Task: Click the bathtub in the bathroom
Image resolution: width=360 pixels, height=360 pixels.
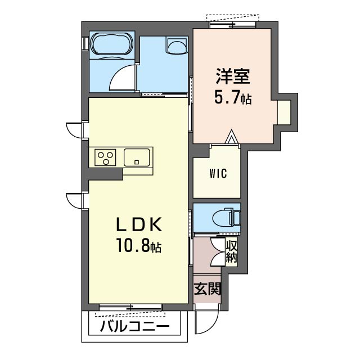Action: [x=112, y=44]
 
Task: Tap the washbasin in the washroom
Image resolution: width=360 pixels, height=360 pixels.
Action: [x=177, y=46]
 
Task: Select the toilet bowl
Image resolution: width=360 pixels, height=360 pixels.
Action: [x=222, y=217]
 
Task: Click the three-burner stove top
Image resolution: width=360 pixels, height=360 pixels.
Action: [x=105, y=157]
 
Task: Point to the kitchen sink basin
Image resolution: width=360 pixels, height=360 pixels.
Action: [x=137, y=157]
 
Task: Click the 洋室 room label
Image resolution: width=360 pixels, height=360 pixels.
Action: [x=232, y=76]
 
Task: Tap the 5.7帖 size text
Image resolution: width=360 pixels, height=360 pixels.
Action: [x=233, y=97]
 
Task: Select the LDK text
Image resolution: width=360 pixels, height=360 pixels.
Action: [x=139, y=224]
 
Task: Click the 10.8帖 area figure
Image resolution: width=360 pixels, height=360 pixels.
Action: [x=139, y=245]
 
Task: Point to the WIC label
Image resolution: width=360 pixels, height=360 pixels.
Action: [x=218, y=173]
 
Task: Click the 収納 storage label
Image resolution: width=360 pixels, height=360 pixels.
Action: [x=231, y=252]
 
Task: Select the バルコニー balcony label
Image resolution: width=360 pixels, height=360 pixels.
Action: [x=135, y=326]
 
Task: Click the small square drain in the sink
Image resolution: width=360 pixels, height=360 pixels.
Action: [x=137, y=162]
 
